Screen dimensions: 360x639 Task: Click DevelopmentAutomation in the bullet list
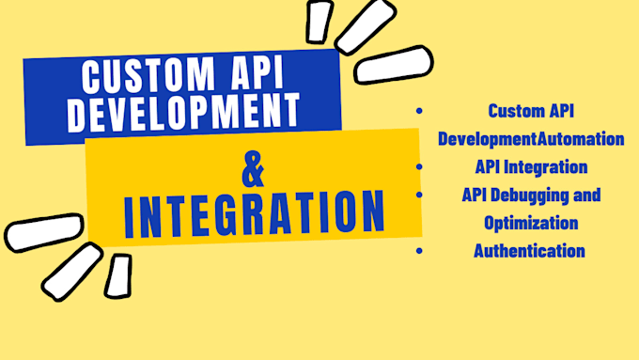tap(531, 139)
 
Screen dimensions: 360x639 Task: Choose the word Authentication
tap(529, 251)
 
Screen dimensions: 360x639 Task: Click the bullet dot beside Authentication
tap(418, 251)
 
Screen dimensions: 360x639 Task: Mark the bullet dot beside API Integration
tap(418, 167)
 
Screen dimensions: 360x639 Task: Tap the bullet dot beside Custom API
tap(418, 111)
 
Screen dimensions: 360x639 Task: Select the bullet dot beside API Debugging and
tap(418, 195)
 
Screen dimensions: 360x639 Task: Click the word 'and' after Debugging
tap(586, 195)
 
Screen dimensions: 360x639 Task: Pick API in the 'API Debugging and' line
tap(475, 195)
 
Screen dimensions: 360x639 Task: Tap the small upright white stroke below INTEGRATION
tap(119, 274)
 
